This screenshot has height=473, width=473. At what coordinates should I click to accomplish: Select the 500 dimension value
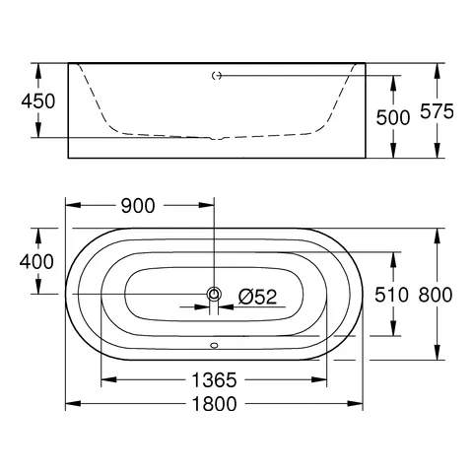tap(393, 117)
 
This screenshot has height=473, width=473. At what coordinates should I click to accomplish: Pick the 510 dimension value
tap(393, 295)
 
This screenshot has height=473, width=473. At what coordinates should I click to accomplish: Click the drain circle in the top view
tap(213, 294)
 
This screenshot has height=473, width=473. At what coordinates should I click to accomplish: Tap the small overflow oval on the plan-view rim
tap(213, 346)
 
